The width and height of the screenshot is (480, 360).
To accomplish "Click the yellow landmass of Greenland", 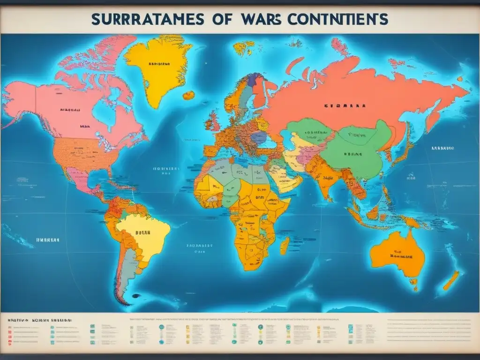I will click(159, 66).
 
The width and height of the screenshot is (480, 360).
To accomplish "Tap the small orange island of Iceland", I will click(188, 95).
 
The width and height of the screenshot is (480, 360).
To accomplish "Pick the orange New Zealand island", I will click(451, 280).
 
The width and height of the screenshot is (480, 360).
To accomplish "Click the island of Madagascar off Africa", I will click(285, 246).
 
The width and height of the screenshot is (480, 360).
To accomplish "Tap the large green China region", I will click(356, 150).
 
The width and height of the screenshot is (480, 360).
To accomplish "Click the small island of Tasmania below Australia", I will click(413, 282).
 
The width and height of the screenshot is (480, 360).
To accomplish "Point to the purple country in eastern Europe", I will click(258, 137).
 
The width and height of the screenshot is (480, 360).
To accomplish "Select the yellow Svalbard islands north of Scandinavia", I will click(243, 46).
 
